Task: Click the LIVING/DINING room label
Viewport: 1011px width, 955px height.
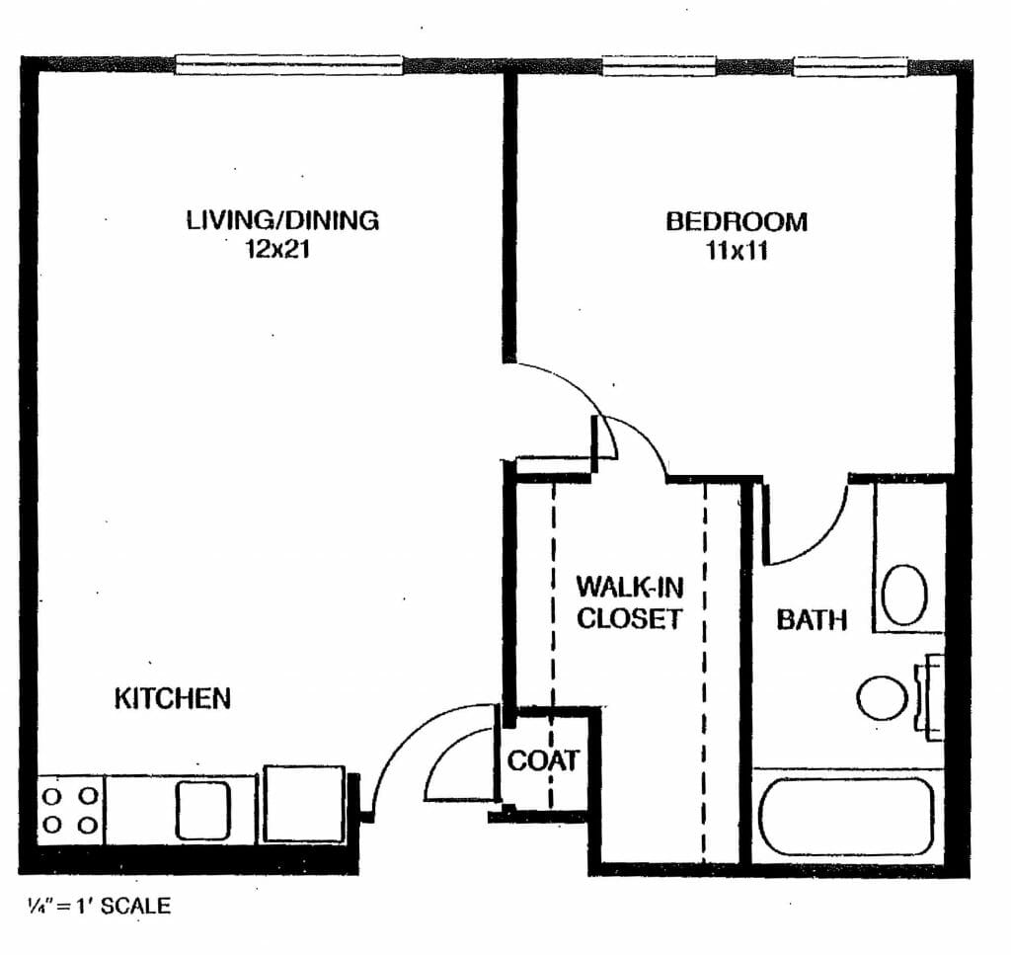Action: tap(282, 220)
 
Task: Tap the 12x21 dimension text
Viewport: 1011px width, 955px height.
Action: tap(277, 249)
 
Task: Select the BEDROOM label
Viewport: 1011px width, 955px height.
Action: tap(737, 222)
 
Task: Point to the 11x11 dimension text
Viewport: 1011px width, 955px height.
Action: tap(737, 250)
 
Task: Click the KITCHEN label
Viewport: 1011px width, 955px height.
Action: tap(172, 699)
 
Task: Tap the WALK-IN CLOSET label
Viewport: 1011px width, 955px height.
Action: tap(629, 602)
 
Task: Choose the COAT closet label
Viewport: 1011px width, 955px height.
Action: tap(543, 760)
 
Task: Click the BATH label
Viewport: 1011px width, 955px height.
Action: tap(812, 619)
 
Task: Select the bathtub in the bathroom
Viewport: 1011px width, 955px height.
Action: tap(846, 816)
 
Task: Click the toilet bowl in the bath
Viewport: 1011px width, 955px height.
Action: tap(882, 698)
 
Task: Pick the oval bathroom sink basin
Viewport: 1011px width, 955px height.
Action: tap(904, 596)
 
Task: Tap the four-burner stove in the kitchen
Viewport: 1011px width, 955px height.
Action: tap(70, 811)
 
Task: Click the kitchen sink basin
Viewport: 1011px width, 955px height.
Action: tap(202, 811)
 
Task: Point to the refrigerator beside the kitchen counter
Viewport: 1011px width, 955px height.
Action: tap(304, 804)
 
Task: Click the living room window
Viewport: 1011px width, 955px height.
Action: tap(289, 64)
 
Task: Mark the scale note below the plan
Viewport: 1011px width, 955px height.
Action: tap(99, 906)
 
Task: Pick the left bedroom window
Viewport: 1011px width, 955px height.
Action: tap(659, 65)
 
